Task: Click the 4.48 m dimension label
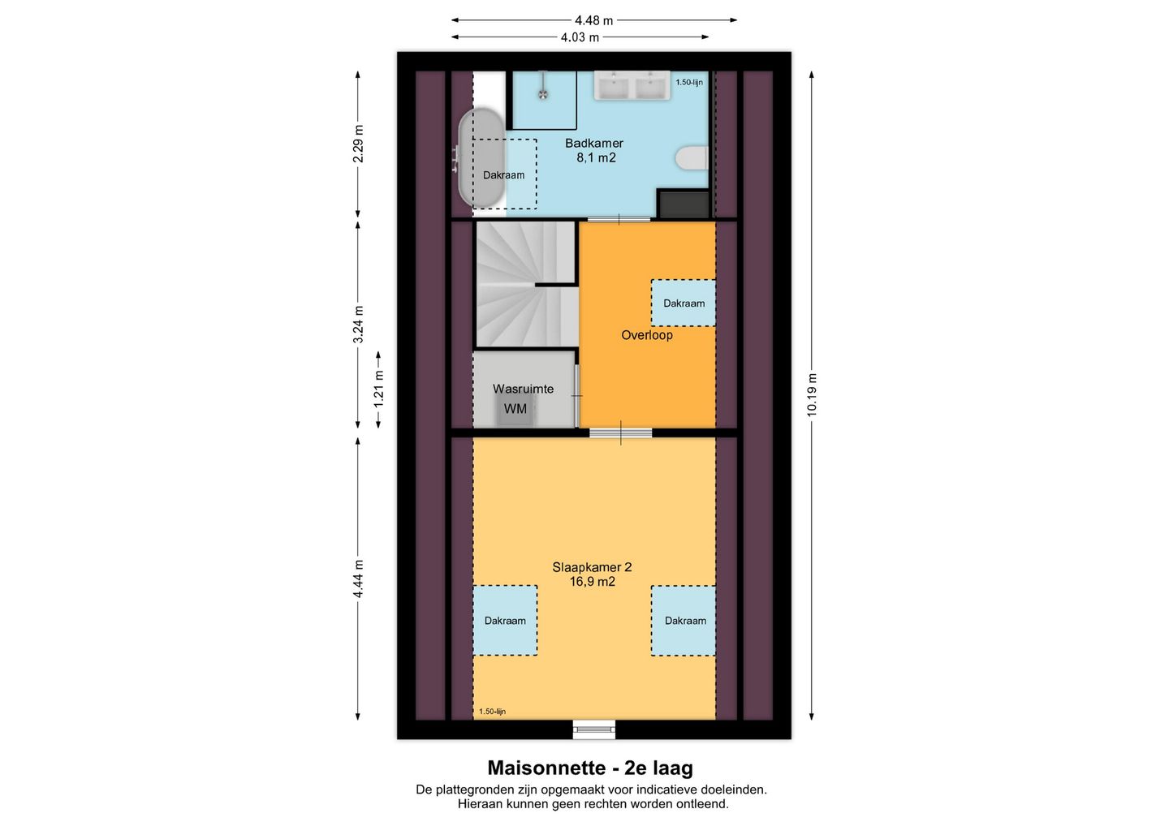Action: click(594, 20)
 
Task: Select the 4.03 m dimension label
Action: click(580, 37)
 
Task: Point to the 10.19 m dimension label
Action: click(812, 395)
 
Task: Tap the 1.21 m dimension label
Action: click(379, 389)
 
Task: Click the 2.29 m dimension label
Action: click(358, 144)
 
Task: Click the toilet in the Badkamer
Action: click(692, 158)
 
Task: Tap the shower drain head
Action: click(543, 94)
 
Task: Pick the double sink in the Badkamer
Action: click(632, 85)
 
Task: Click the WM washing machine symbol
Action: click(515, 409)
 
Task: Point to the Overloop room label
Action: click(646, 335)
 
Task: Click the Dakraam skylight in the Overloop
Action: click(684, 303)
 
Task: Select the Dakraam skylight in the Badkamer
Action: click(505, 174)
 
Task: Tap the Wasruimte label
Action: click(523, 389)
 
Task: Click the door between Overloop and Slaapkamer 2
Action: click(620, 432)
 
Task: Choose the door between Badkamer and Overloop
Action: click(619, 219)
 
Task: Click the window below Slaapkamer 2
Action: click(594, 729)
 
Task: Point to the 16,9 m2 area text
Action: click(593, 582)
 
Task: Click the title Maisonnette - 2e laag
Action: click(590, 768)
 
